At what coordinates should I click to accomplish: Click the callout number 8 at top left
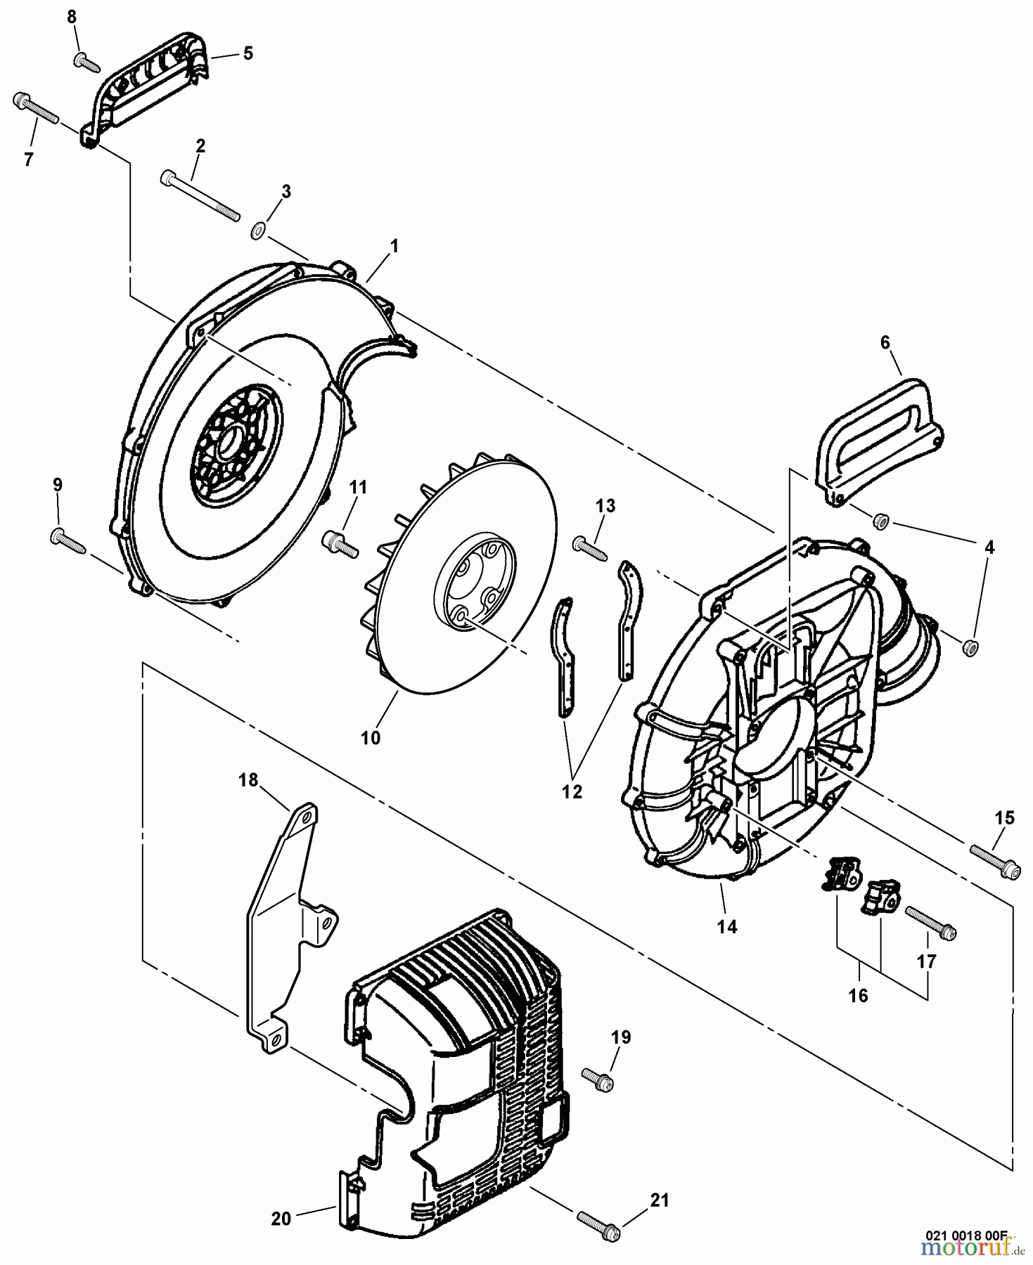[71, 16]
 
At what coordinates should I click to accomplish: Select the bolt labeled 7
[35, 111]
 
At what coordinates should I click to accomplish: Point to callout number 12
[572, 791]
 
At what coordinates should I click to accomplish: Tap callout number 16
[858, 995]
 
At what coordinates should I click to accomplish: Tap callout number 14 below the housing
[726, 926]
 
